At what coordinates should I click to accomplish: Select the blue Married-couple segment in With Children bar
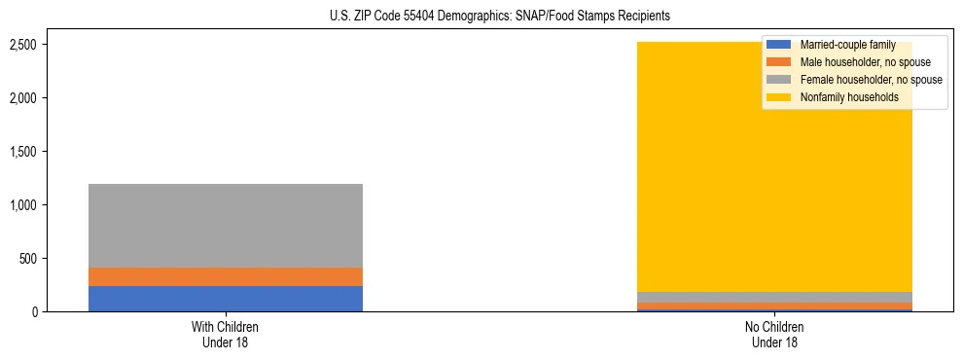[x=226, y=299]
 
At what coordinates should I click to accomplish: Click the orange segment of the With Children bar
[x=226, y=276]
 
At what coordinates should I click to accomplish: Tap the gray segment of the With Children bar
[x=226, y=225]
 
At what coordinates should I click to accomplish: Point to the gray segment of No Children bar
[x=774, y=297]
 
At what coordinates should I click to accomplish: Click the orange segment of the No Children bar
[x=774, y=306]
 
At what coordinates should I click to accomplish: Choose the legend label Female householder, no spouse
[x=871, y=80]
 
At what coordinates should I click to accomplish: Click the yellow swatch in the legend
[x=779, y=97]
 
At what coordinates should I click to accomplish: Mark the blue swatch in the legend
[x=779, y=45]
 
